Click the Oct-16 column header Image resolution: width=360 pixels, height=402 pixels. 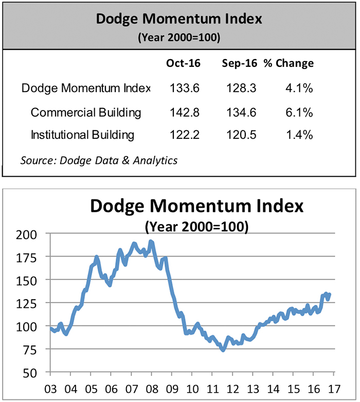183,64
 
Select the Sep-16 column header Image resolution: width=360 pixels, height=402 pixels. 239,64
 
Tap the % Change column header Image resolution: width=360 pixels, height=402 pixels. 289,64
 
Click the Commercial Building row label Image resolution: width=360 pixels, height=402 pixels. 86,112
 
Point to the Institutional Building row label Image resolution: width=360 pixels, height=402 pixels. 83,135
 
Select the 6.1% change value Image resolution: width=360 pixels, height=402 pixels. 300,112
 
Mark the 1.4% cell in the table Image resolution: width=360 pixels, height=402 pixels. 300,135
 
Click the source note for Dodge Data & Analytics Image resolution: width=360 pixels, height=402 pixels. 99,160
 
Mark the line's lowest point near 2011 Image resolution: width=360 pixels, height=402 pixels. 223,350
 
